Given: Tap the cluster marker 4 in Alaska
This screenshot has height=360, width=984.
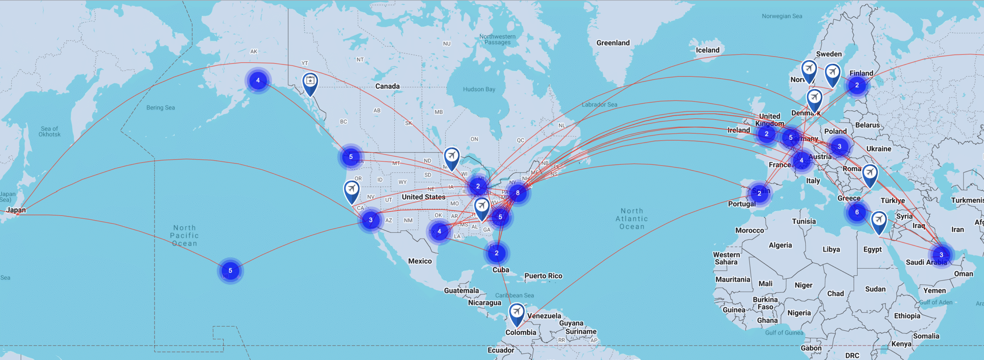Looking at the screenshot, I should click(258, 80).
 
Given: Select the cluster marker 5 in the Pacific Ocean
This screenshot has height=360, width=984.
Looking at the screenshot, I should click(230, 270).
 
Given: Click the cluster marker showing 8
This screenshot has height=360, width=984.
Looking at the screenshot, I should click(518, 193).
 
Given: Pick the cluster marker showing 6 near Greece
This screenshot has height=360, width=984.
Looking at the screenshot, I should click(857, 212).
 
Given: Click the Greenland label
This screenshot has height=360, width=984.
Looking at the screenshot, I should click(613, 43).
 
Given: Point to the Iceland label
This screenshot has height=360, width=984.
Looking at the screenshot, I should click(707, 50).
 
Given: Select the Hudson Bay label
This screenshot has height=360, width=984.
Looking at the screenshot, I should click(479, 89).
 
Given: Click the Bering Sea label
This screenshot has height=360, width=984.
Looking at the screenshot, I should click(160, 108).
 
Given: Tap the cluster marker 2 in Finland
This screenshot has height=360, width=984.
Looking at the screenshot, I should click(857, 85).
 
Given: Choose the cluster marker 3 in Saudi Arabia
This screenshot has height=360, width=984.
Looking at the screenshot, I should click(941, 255).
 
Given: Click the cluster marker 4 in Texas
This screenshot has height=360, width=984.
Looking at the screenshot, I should click(439, 231).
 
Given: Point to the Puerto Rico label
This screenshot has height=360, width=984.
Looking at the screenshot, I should click(543, 276).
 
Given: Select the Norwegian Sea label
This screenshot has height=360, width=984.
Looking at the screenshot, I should click(782, 16).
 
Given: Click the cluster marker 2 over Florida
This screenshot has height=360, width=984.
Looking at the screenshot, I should click(497, 253).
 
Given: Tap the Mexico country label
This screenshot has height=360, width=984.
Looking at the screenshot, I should click(420, 261).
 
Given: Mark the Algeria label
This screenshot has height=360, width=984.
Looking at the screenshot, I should click(780, 245).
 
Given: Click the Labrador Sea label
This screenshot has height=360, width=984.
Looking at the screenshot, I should click(599, 105).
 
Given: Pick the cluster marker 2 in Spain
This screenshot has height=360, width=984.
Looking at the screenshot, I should click(759, 193).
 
